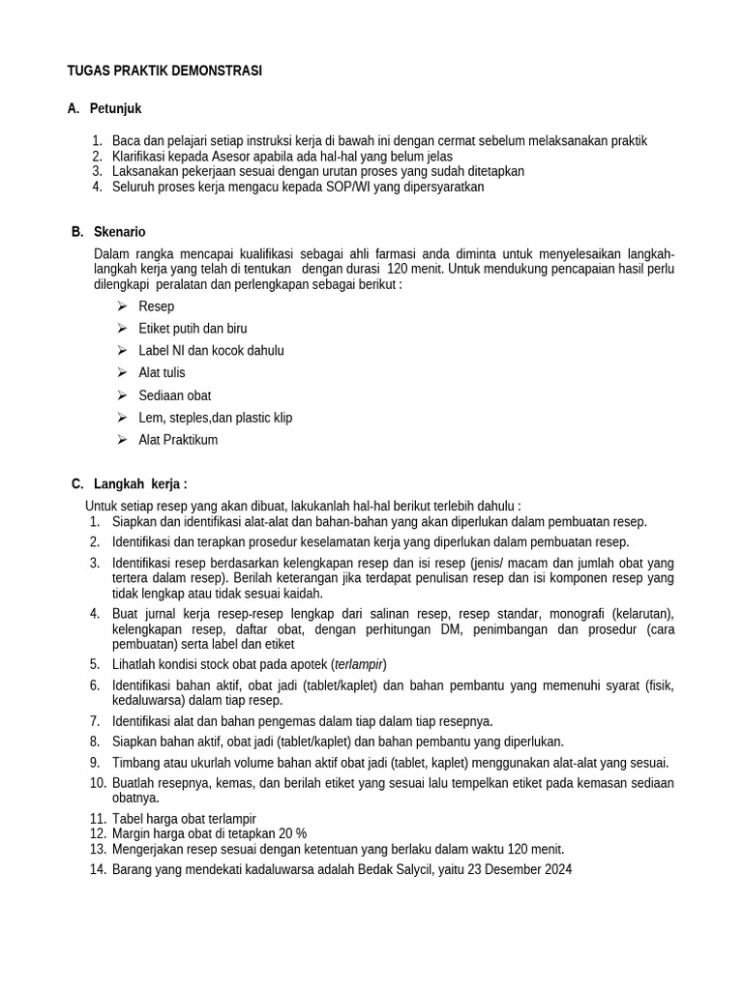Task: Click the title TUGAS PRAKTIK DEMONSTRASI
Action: click(164, 72)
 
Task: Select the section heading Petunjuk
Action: click(115, 109)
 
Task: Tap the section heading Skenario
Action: click(120, 232)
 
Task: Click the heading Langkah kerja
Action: click(140, 483)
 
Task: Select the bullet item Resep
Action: click(157, 306)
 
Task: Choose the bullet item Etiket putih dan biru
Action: click(193, 329)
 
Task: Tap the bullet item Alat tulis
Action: click(162, 372)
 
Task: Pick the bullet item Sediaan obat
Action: click(174, 395)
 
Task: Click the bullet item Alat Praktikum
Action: click(178, 440)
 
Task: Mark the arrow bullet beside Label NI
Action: click(122, 350)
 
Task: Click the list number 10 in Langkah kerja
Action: click(97, 783)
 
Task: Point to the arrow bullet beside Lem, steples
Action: click(122, 418)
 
